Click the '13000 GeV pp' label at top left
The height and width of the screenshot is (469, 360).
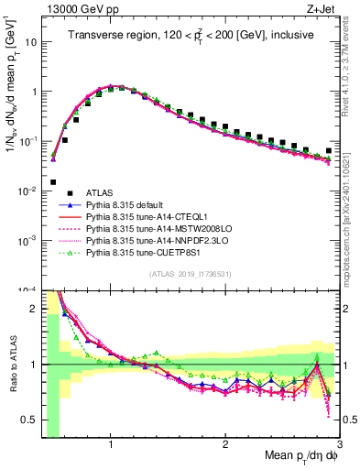click(77, 8)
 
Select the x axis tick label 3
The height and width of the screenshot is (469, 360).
click(339, 444)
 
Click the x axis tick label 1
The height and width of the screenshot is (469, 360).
click(111, 444)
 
